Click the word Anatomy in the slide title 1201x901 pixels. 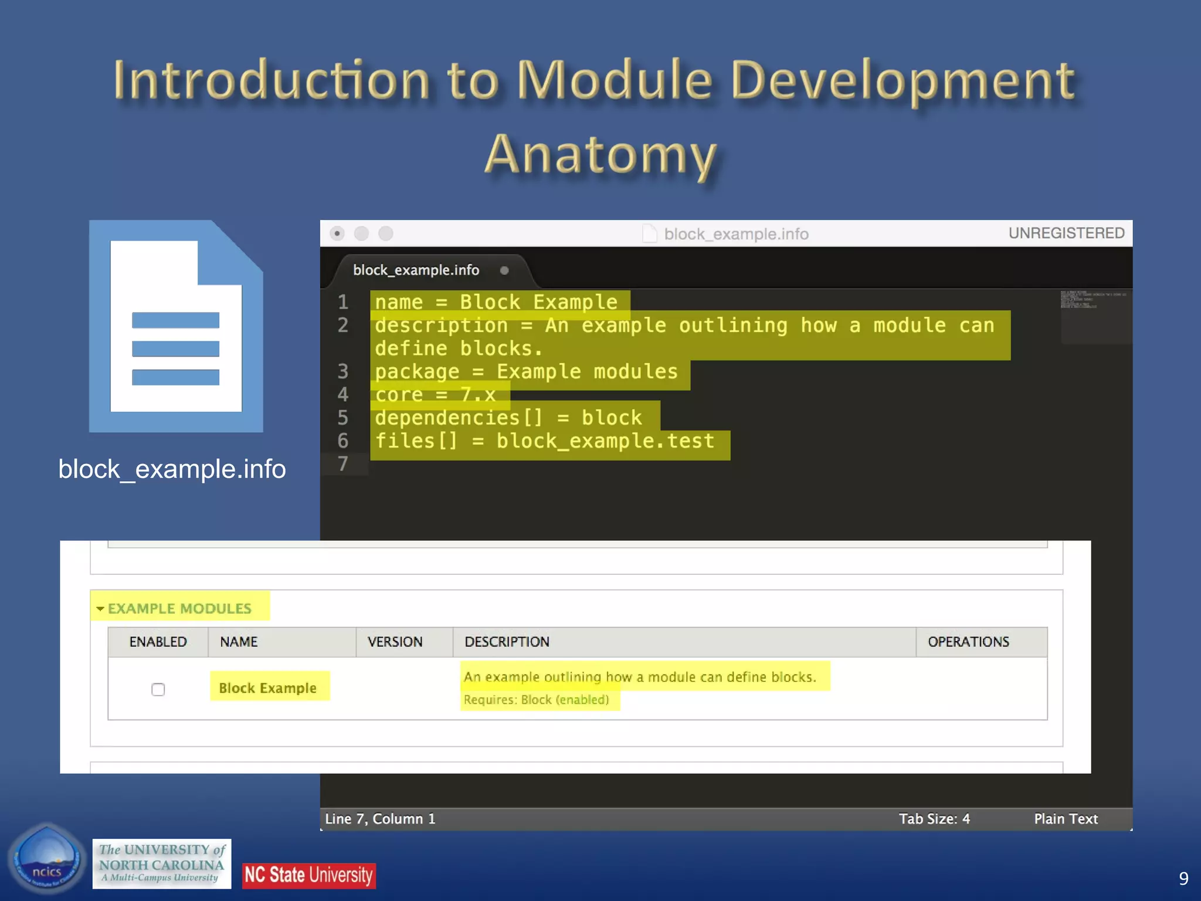[600, 155]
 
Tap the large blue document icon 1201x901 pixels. [176, 326]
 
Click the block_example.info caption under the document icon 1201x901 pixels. [172, 469]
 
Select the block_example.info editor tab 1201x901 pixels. [416, 270]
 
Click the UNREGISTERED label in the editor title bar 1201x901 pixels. [1066, 233]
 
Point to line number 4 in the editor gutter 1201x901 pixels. [343, 394]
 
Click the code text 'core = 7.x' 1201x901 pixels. [436, 395]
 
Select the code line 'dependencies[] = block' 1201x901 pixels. [508, 418]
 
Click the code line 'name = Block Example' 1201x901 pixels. [496, 302]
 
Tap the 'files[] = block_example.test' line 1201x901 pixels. [545, 441]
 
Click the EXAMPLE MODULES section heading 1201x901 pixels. [179, 608]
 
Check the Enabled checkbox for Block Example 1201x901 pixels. [158, 689]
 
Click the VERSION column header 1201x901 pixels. [395, 642]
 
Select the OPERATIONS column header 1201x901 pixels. [968, 642]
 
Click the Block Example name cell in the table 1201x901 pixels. [268, 688]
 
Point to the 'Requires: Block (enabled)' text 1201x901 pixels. [536, 700]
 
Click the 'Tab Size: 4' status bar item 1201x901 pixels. [934, 819]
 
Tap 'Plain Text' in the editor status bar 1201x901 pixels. [1066, 819]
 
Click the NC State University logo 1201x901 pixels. [308, 875]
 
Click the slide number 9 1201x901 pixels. [1183, 878]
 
